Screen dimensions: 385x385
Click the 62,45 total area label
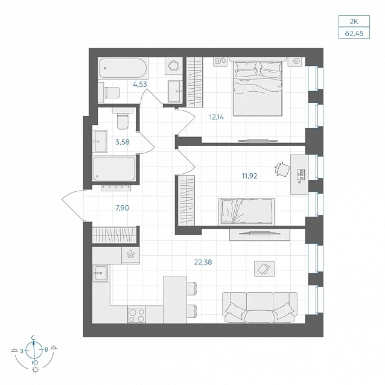click(354, 33)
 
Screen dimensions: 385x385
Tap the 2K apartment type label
click(354, 22)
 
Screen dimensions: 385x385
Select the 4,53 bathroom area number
click(140, 84)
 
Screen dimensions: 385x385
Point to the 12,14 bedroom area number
click(216, 117)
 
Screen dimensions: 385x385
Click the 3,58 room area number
click(122, 142)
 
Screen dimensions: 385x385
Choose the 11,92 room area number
click(249, 176)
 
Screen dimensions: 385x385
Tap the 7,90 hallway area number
click(122, 208)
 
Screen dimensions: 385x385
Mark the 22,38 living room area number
click(203, 262)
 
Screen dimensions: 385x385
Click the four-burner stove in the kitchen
click(136, 315)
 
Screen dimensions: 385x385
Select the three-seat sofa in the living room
click(259, 307)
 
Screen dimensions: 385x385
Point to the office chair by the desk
click(282, 169)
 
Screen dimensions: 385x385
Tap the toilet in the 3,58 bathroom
click(122, 118)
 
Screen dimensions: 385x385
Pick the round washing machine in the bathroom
click(174, 66)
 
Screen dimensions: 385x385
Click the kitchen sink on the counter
click(100, 273)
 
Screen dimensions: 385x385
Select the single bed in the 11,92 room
click(246, 212)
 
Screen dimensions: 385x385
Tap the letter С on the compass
click(33, 337)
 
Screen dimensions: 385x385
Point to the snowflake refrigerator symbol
click(130, 255)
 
